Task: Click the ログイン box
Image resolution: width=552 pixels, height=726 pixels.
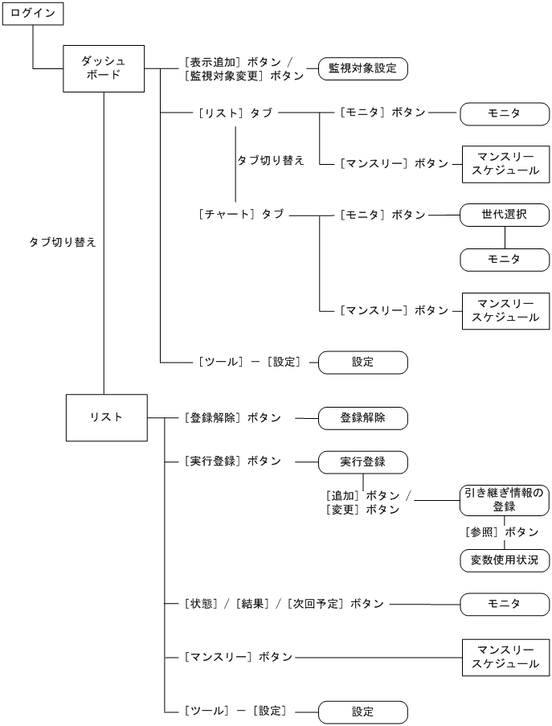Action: (32, 14)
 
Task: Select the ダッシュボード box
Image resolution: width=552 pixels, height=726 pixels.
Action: (104, 68)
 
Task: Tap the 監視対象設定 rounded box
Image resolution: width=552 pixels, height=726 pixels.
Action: (362, 68)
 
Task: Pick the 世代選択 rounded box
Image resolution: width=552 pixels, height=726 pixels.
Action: (504, 215)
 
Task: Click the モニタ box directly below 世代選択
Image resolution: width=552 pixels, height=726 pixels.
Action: (504, 259)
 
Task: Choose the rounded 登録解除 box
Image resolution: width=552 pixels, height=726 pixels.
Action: (362, 418)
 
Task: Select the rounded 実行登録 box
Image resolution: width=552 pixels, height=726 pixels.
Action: (362, 461)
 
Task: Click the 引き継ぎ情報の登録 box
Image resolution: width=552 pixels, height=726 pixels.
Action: (504, 500)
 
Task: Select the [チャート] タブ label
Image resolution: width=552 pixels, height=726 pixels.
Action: (240, 215)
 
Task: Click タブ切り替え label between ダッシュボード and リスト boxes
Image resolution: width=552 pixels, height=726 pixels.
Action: (63, 241)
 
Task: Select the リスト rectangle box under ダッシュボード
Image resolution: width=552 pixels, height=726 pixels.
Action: (106, 416)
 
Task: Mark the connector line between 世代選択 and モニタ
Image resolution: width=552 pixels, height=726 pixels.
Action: (504, 237)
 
